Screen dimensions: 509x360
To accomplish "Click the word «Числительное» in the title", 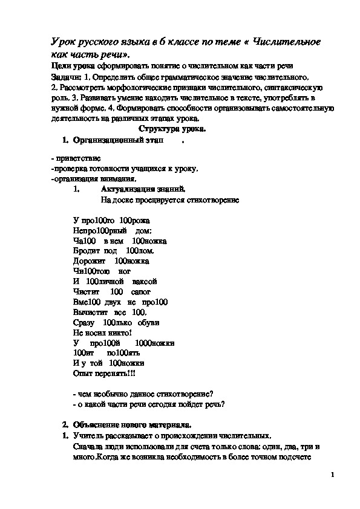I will [285, 42].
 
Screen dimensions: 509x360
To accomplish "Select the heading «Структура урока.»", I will [172, 129].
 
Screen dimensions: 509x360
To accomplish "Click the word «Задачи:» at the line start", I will [64, 77].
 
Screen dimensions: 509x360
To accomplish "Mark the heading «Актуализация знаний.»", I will [139, 189].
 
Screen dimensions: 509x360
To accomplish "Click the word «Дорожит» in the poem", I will [89, 261].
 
